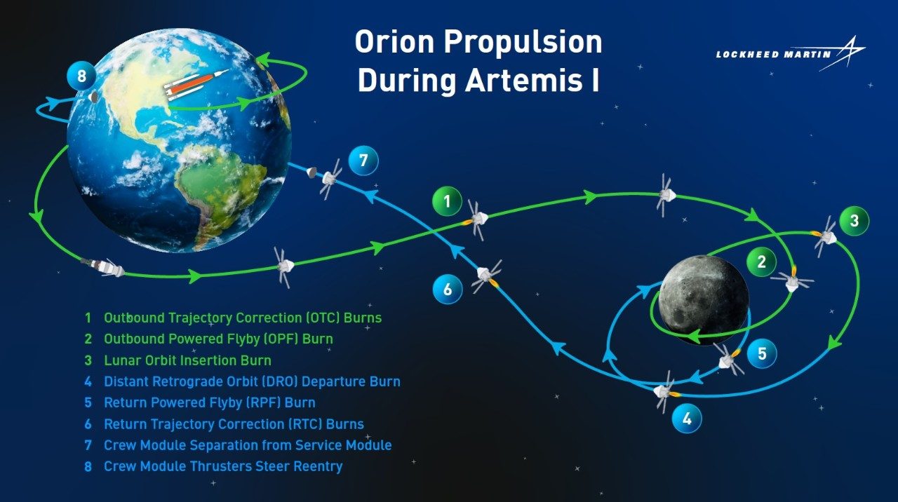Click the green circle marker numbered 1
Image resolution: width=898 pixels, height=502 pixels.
coord(447,201)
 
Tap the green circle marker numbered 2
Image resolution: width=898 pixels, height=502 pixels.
coord(761,262)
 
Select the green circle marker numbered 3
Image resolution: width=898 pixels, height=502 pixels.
coord(855,221)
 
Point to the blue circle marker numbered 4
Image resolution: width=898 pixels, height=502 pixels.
coord(687,419)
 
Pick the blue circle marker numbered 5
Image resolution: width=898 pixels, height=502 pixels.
coord(762,354)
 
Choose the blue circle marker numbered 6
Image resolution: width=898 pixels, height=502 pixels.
coord(448,289)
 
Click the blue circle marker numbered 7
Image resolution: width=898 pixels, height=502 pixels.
coord(363,161)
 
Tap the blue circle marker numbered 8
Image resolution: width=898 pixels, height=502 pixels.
coord(81,76)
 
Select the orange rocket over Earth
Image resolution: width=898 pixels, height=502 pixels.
coord(196,85)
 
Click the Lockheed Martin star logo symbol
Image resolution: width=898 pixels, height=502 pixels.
coord(842,53)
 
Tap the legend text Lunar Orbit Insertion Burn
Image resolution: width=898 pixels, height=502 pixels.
coord(187,360)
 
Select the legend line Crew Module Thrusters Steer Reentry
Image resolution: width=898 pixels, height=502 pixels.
coord(223,466)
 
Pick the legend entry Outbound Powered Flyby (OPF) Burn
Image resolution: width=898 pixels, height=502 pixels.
coord(218,339)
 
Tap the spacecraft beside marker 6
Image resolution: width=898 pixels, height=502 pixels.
coord(486,276)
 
